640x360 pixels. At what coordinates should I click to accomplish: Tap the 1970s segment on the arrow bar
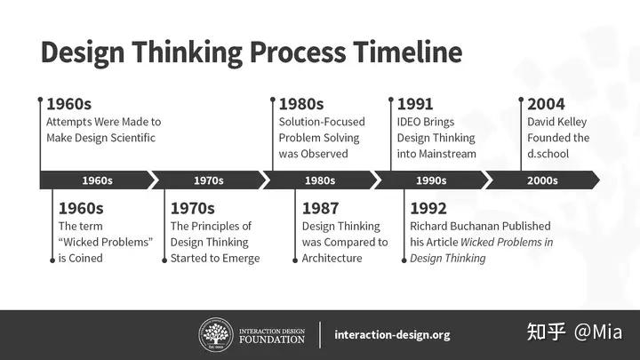[x=208, y=180]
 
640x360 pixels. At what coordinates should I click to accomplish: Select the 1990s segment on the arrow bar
[x=430, y=180]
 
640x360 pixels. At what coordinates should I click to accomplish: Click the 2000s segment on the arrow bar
[x=541, y=180]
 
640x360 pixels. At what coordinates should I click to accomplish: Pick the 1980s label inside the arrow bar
[x=319, y=180]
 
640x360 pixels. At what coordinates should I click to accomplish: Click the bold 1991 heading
[x=415, y=104]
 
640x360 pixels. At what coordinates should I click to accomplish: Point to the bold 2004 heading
[x=547, y=104]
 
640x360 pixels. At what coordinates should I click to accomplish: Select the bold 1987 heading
[x=320, y=209]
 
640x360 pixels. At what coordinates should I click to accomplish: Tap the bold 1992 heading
[x=428, y=209]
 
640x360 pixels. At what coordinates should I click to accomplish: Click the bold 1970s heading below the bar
[x=193, y=209]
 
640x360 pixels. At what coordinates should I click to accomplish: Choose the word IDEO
[x=412, y=122]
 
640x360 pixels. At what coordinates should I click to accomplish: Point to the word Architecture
[x=332, y=258]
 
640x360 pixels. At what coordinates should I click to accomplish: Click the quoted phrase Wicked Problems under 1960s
[x=106, y=242]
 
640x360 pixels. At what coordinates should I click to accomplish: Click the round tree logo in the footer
[x=214, y=334]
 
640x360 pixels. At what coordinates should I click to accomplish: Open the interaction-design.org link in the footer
[x=392, y=335]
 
